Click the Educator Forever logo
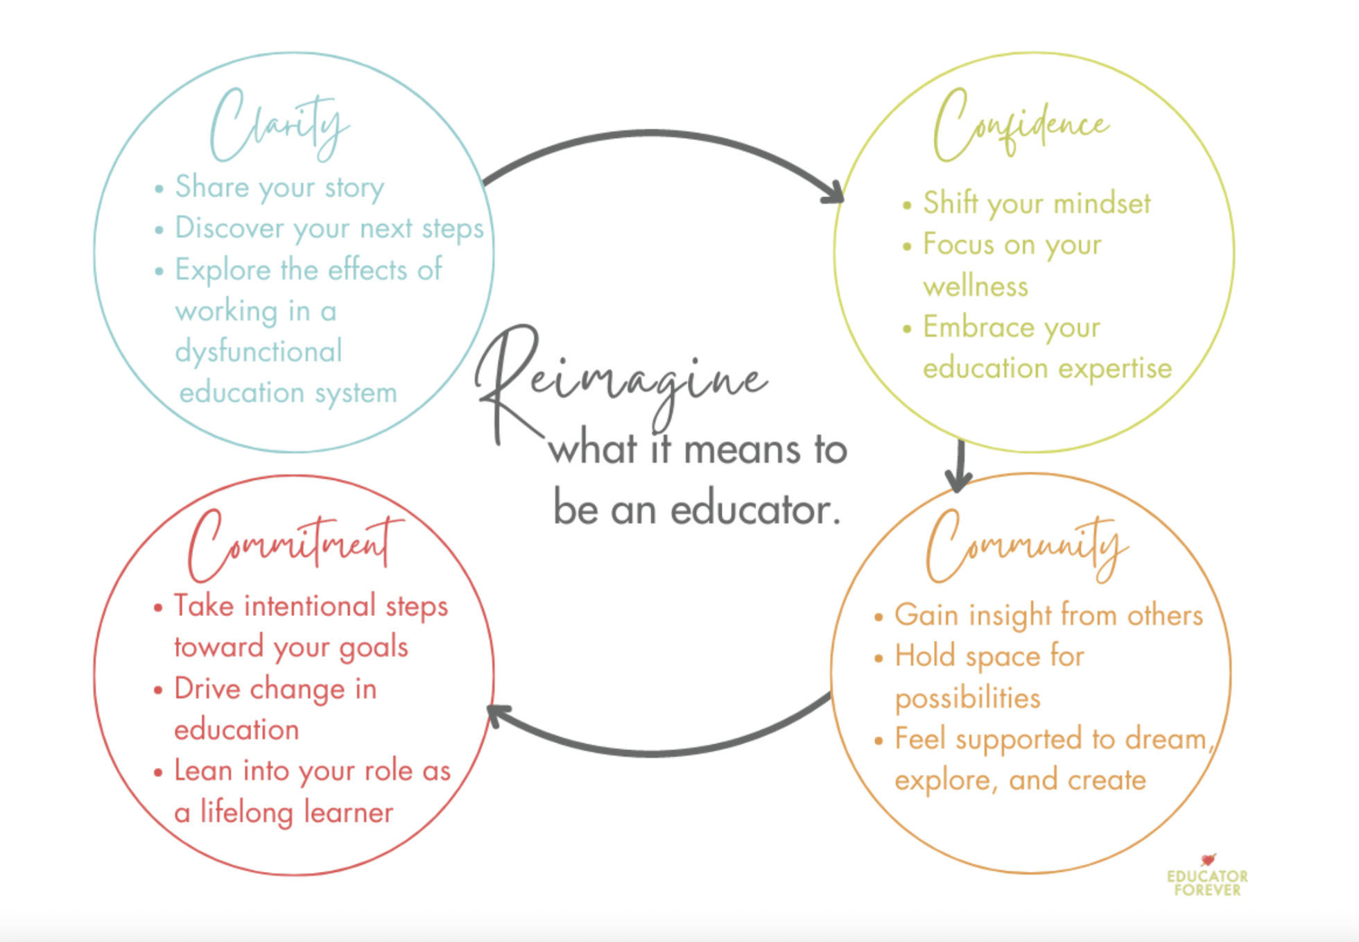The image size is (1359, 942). (1207, 877)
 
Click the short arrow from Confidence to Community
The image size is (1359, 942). (960, 465)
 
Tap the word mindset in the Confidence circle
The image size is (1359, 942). (1102, 204)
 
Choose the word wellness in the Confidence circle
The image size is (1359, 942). (976, 286)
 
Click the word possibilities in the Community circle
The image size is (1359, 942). (968, 699)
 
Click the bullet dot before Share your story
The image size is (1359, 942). (159, 189)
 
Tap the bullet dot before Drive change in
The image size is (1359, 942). (158, 690)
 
